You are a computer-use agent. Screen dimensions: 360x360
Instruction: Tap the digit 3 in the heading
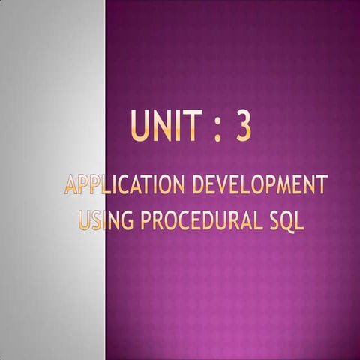click(243, 126)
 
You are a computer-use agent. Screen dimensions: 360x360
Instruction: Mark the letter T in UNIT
click(192, 126)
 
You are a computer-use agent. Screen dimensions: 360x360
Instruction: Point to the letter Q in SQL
click(284, 222)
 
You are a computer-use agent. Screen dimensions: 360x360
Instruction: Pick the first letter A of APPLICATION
click(72, 185)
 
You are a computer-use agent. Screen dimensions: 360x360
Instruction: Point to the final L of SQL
click(298, 221)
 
